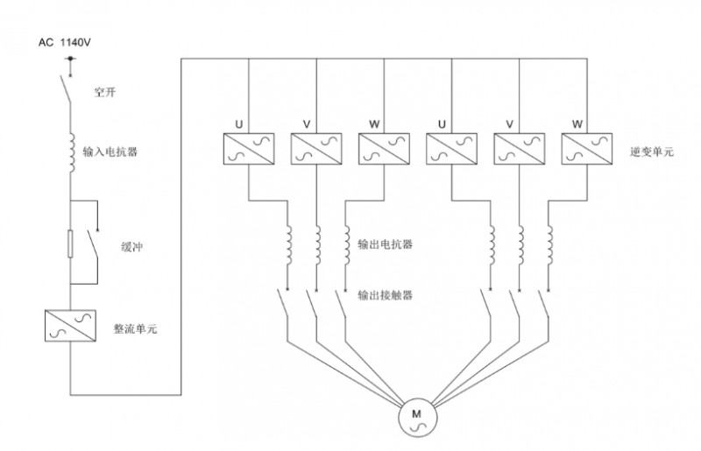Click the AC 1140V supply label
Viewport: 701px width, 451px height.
65,42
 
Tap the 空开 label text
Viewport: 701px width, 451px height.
105,92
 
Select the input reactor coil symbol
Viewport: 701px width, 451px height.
71,152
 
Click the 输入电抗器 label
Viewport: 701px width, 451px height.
110,152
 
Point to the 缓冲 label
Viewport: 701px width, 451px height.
132,247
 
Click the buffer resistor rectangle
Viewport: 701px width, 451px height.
70,244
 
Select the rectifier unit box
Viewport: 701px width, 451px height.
71,326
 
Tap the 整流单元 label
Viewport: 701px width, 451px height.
135,329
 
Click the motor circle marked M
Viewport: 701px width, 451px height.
417,419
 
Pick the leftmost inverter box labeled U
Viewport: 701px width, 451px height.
249,149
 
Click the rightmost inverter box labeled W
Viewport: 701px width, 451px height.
587,149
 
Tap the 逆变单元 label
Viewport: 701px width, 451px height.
651,152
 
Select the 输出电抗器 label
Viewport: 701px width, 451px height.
385,244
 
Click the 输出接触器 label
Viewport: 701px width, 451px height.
385,295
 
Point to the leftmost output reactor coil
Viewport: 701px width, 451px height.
288,245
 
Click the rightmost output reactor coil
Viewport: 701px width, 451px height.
549,245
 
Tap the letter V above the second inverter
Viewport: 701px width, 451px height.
307,124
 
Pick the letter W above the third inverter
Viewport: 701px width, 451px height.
375,124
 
